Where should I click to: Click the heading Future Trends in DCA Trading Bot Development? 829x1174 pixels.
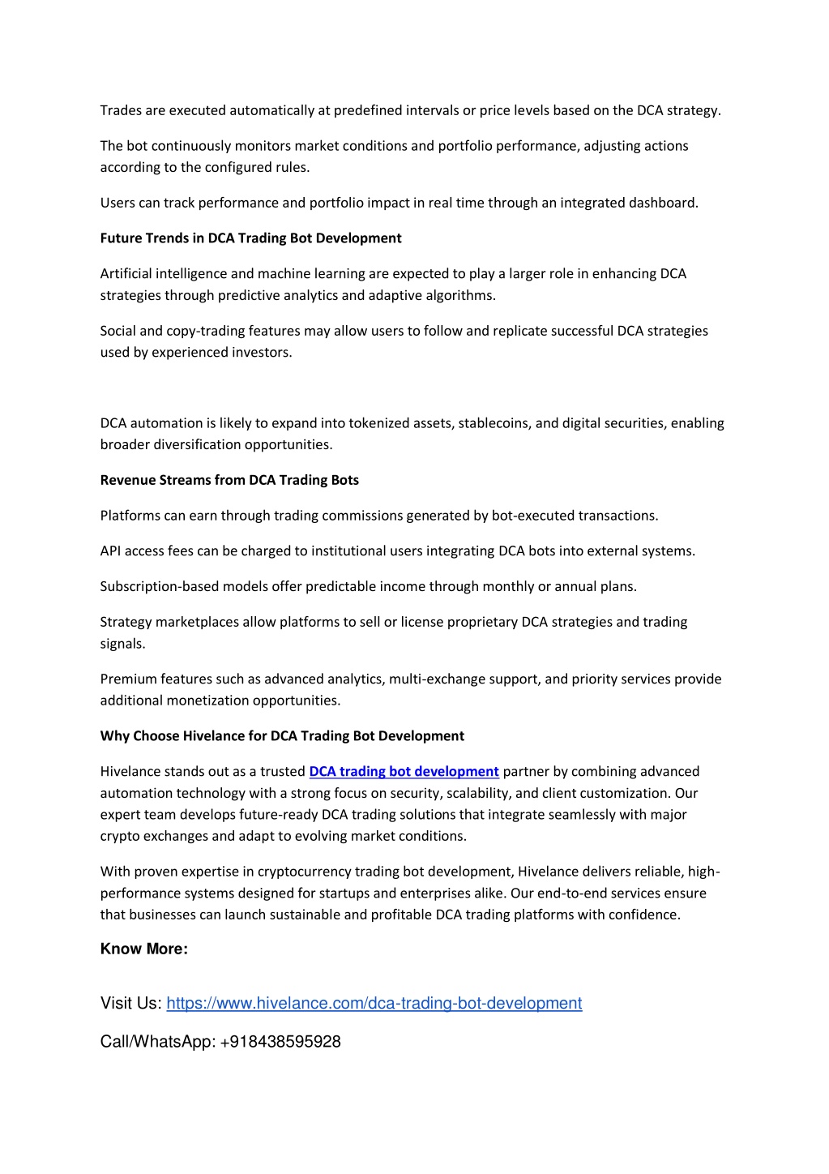click(250, 238)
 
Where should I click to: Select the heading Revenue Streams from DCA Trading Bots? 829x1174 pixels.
click(229, 480)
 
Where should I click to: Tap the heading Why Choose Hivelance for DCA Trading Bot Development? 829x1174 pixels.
click(282, 736)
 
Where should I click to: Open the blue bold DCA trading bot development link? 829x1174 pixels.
click(404, 772)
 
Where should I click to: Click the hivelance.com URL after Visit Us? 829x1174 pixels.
click(374, 1004)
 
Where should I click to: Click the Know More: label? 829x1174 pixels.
click(143, 949)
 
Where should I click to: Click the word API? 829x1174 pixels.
click(110, 551)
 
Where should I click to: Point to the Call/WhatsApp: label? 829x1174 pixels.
click(157, 1042)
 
